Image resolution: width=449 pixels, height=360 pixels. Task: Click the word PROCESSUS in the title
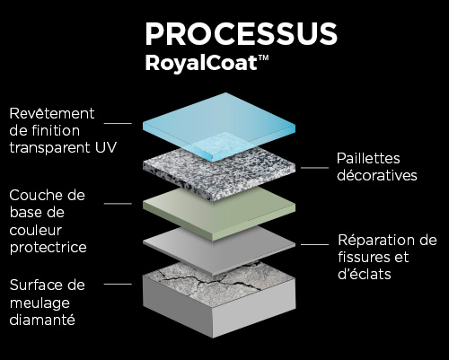point(242,34)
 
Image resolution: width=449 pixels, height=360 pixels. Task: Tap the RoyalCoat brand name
point(201,63)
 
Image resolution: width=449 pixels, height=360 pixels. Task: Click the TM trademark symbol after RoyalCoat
point(263,57)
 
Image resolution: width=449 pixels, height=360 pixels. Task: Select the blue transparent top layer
point(219,127)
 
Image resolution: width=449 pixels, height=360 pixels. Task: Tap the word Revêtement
point(52,113)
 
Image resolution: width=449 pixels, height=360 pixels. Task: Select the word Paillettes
point(368,158)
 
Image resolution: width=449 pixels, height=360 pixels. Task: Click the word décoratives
point(377,175)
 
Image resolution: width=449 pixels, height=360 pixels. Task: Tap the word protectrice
point(48,248)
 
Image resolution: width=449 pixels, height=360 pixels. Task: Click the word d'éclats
point(365,274)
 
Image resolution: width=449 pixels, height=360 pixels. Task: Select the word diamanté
point(42,320)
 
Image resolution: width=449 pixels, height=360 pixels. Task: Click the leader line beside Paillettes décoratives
point(314,168)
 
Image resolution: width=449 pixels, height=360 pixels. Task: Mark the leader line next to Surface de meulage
point(118,284)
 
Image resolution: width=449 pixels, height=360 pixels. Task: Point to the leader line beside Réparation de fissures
point(314,244)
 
